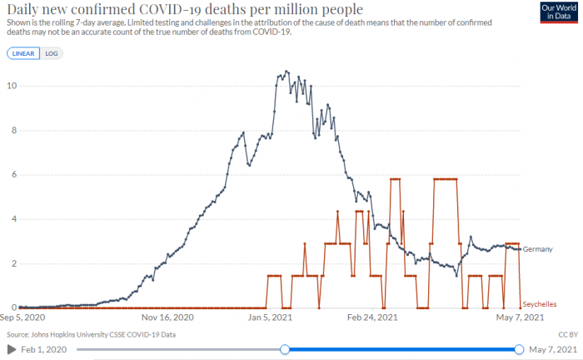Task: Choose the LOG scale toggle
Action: coord(52,53)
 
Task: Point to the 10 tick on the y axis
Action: coord(11,86)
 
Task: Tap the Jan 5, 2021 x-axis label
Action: coord(268,317)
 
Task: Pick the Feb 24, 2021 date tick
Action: coord(371,317)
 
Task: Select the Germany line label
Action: coord(539,249)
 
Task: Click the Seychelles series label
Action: coord(541,304)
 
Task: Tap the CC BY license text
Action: coord(567,334)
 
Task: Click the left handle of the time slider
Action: coord(285,349)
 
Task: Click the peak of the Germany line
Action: coord(287,72)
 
